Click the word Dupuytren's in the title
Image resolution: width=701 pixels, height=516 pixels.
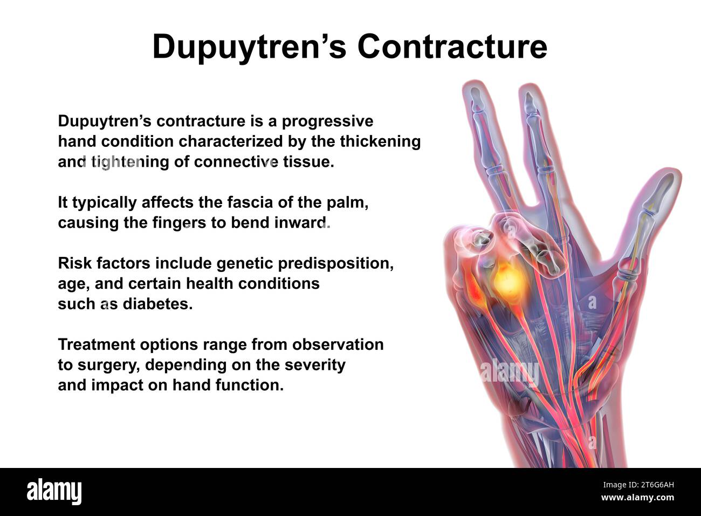pos(250,47)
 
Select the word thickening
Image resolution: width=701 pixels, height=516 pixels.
pos(380,141)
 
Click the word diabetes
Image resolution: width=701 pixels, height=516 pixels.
pos(157,303)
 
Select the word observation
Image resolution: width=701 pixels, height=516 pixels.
pos(338,344)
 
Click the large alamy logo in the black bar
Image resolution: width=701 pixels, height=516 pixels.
pos(54,491)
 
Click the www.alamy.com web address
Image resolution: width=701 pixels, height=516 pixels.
pos(637,498)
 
